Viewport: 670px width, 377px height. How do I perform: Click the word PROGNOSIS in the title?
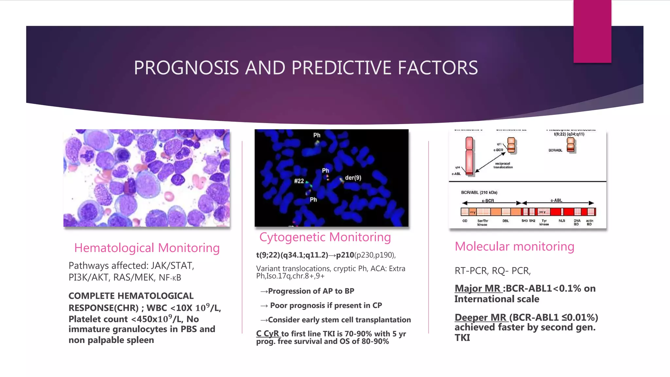pos(186,68)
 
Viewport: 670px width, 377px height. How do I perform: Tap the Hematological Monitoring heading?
pos(147,248)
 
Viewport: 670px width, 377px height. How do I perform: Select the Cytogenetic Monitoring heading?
pos(325,237)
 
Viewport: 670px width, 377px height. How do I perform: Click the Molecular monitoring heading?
pos(514,246)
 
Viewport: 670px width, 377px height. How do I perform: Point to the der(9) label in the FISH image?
pos(353,178)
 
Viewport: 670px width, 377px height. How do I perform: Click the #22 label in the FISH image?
pos(299,181)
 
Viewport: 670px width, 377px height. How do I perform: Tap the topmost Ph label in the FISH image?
pos(317,135)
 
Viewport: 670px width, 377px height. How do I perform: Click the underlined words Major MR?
pos(478,288)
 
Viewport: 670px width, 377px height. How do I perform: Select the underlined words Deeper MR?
pos(481,317)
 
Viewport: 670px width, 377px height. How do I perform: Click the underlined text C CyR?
pos(268,334)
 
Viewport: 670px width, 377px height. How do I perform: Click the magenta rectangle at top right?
pos(592,31)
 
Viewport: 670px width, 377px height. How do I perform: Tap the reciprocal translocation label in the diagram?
pos(503,165)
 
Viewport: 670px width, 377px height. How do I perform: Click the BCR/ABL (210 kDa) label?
pos(479,192)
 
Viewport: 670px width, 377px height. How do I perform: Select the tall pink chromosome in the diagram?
pos(469,156)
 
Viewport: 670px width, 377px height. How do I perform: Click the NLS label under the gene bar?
pos(561,221)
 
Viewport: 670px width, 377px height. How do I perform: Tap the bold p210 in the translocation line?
pos(345,255)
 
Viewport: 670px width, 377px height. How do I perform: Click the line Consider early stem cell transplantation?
pos(336,320)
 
